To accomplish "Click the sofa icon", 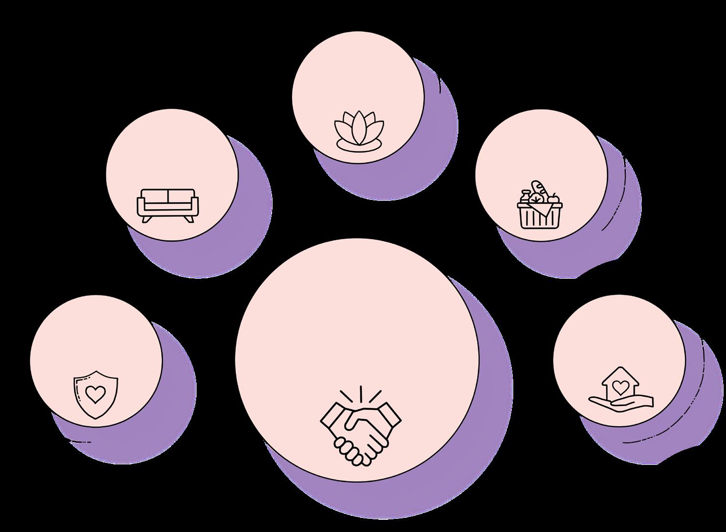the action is point(168,205).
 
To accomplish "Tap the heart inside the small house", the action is point(620,387).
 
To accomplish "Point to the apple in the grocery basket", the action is point(553,199).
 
